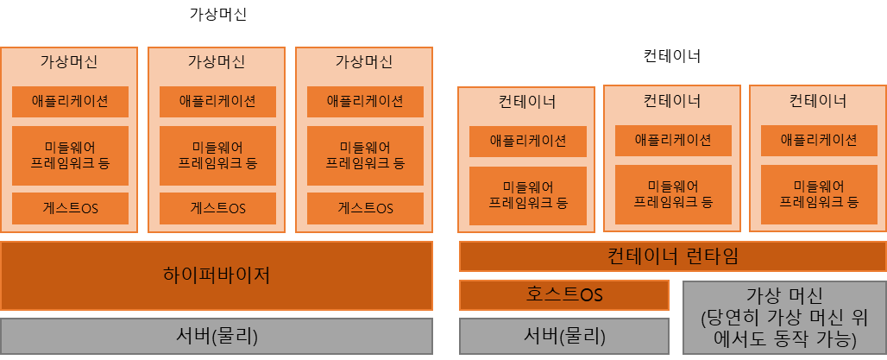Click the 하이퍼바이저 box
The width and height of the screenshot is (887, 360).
click(x=216, y=275)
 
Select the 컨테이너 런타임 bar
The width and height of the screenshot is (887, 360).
click(x=672, y=256)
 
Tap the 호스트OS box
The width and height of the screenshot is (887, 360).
click(x=563, y=294)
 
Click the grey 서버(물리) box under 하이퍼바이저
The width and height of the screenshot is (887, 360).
click(x=216, y=335)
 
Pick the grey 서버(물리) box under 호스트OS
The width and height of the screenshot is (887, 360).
click(x=563, y=335)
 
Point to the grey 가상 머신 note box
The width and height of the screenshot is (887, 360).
click(x=783, y=317)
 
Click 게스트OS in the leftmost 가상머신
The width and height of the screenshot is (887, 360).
click(x=70, y=208)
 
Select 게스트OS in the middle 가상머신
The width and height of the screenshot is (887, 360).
click(x=217, y=208)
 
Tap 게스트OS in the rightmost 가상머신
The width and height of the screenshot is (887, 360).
click(x=365, y=208)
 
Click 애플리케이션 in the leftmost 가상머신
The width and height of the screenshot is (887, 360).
click(x=70, y=101)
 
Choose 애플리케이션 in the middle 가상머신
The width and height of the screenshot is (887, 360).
click(x=217, y=101)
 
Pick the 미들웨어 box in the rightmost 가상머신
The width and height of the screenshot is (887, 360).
click(x=365, y=155)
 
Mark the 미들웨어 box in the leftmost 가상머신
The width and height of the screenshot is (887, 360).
click(x=70, y=155)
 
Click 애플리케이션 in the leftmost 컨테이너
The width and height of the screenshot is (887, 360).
click(x=527, y=141)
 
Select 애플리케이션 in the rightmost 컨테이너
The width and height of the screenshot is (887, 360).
click(x=818, y=140)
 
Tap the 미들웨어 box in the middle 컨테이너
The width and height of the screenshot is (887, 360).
click(x=673, y=194)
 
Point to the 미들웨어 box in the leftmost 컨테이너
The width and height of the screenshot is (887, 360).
click(x=527, y=196)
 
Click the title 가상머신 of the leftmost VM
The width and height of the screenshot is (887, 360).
click(x=69, y=62)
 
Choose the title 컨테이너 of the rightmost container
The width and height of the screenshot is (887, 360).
click(x=818, y=101)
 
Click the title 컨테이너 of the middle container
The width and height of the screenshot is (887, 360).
click(x=672, y=101)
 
